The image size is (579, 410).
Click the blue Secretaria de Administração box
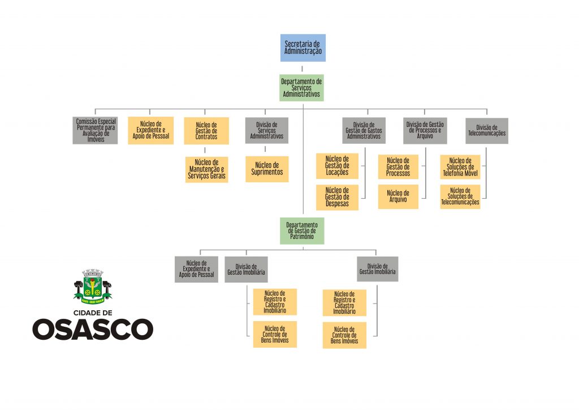click(303, 48)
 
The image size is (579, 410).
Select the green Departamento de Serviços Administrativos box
click(301, 88)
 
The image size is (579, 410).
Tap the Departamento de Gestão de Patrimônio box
click(302, 231)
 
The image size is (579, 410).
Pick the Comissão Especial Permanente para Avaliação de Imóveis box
click(95, 131)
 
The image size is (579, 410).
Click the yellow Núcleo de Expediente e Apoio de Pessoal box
click(150, 131)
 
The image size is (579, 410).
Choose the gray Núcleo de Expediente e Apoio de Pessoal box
click(196, 270)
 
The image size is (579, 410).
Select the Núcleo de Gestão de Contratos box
click(206, 131)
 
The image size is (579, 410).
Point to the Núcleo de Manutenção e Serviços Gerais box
click(206, 169)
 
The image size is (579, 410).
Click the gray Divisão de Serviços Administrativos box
click(267, 130)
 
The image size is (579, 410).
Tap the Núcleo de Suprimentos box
click(267, 169)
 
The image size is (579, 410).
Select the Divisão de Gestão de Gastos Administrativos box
click(364, 130)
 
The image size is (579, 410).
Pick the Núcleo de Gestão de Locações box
click(337, 166)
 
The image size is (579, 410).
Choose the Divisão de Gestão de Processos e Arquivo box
click(425, 130)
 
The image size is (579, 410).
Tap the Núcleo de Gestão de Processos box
click(398, 166)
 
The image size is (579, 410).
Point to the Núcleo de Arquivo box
click(398, 197)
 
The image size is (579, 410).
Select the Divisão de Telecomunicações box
click(487, 130)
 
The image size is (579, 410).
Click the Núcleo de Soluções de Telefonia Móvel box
click(460, 166)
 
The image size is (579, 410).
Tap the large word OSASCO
click(93, 329)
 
